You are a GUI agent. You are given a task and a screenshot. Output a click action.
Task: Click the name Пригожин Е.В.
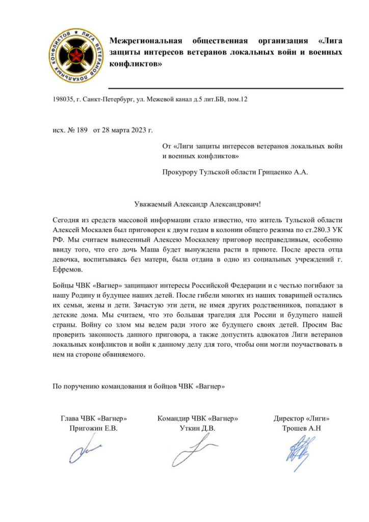point(93,428)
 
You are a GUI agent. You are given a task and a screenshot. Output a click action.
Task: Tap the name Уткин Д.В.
point(198,428)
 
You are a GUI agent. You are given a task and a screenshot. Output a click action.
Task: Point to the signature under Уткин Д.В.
point(196,450)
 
